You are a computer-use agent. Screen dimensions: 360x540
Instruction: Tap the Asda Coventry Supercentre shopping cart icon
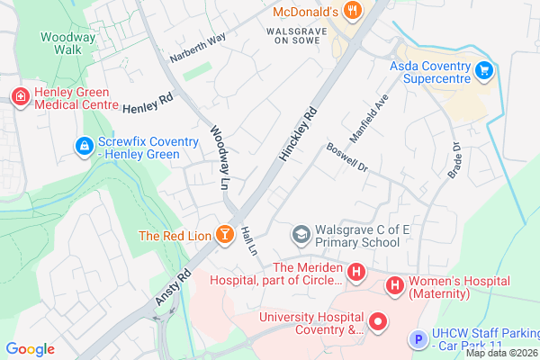click(x=485, y=68)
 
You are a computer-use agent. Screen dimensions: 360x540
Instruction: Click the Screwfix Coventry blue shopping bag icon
click(x=84, y=145)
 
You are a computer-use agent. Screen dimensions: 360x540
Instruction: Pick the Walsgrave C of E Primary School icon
click(x=301, y=235)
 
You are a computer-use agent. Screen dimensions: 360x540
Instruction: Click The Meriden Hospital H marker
click(x=357, y=271)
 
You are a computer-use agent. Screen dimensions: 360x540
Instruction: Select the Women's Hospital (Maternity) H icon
click(x=394, y=285)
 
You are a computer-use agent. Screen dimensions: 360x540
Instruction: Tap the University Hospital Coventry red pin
click(x=379, y=320)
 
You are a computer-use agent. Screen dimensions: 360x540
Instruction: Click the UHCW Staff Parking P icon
click(x=417, y=339)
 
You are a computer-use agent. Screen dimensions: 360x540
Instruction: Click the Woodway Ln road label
click(x=220, y=157)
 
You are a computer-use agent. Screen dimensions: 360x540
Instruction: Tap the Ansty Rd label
click(x=175, y=286)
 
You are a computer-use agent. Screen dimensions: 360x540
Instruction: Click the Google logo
click(x=31, y=349)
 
